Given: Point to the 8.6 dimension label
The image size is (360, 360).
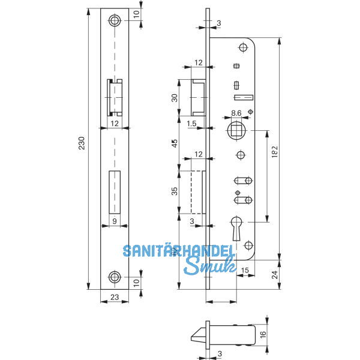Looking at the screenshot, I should point(236,113).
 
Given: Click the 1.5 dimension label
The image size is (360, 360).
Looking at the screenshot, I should point(191,124).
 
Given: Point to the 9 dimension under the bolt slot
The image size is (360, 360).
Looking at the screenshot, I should point(113,221).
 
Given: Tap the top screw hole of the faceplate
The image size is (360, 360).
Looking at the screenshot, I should point(114,21).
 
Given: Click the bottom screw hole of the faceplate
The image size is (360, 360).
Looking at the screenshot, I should point(114,277).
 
